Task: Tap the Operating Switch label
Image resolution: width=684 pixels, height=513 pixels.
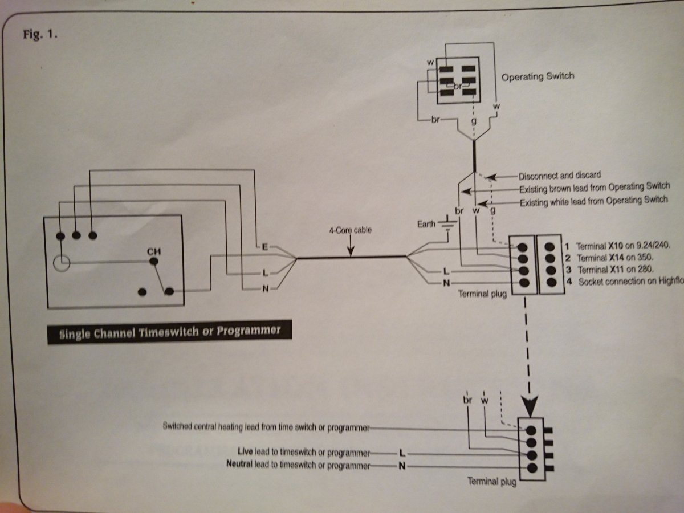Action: pos(538,76)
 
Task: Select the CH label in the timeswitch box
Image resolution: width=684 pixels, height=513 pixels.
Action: pos(154,250)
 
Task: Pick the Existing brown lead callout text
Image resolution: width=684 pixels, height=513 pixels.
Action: pos(594,187)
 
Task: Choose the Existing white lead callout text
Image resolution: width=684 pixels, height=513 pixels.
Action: pos(593,200)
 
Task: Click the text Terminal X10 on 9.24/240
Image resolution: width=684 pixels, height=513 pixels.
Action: pos(623,247)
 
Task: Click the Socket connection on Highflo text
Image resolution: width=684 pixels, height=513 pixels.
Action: pos(630,282)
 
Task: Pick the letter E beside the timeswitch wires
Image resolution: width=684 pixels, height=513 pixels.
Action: pos(264,246)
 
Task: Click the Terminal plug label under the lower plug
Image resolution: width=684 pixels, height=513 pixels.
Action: pos(491,482)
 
